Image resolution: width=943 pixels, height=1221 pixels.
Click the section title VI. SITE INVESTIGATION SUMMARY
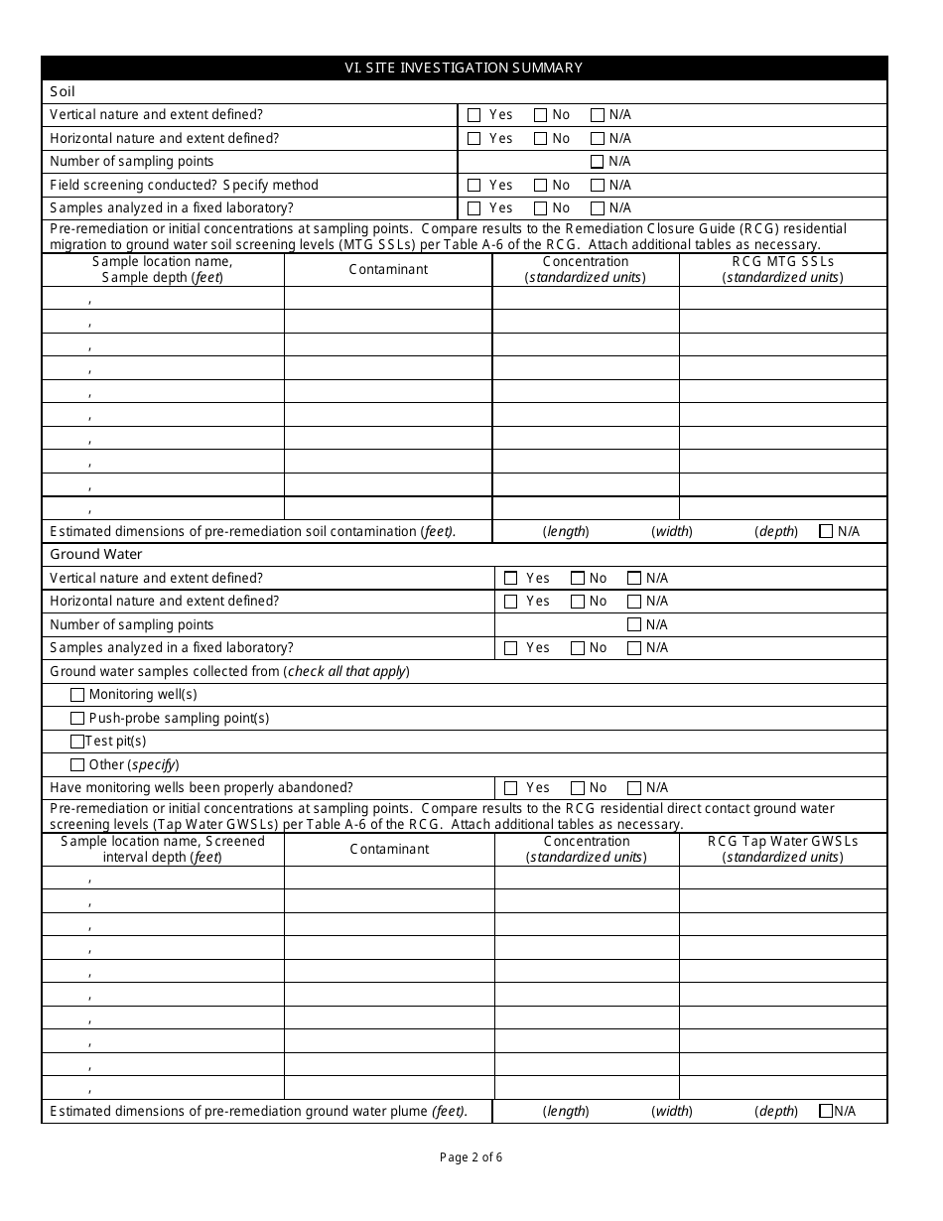click(x=464, y=68)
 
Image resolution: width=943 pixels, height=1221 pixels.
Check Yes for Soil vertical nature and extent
click(x=473, y=115)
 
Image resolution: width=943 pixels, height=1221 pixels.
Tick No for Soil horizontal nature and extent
click(x=540, y=139)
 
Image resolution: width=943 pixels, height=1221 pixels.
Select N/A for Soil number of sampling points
click(x=597, y=162)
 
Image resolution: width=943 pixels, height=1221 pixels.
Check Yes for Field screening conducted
click(x=473, y=186)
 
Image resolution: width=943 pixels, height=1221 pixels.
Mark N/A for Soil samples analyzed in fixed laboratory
click(x=597, y=208)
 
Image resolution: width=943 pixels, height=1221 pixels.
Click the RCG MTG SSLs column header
click(x=782, y=269)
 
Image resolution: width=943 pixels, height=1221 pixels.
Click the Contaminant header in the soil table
click(x=388, y=269)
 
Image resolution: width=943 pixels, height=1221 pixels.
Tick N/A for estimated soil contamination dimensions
click(x=826, y=531)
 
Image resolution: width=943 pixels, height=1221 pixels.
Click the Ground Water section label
click(x=96, y=554)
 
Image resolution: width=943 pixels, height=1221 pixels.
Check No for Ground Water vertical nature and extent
click(x=578, y=578)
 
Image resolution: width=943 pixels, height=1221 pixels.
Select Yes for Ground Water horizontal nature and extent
click(x=511, y=602)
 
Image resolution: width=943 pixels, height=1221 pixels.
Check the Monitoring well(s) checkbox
click(x=77, y=695)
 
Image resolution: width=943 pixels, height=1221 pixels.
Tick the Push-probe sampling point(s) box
click(x=77, y=718)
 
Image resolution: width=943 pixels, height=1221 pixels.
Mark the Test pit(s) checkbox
click(x=77, y=742)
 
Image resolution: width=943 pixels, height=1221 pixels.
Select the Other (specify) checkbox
click(x=77, y=765)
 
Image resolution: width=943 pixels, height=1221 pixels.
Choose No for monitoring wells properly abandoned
click(x=578, y=788)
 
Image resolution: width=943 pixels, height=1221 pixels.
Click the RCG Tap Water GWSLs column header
click(x=782, y=849)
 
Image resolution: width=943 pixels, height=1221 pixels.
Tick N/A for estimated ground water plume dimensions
click(x=826, y=1112)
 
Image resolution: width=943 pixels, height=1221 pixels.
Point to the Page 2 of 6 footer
click(x=471, y=1156)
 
